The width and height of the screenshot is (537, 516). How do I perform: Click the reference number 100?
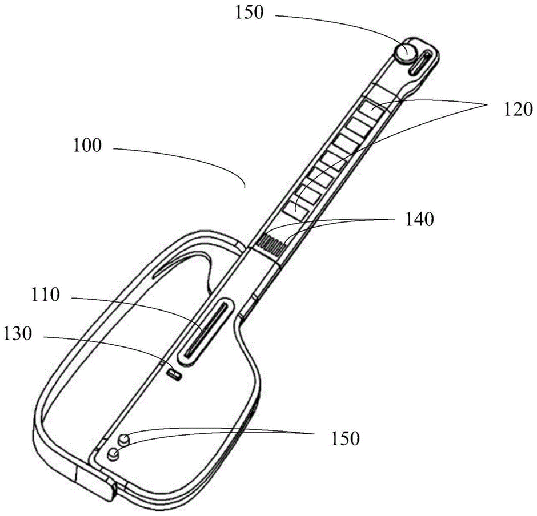click(x=86, y=145)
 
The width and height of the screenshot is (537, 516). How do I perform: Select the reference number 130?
click(x=21, y=334)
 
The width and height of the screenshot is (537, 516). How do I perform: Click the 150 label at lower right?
click(x=346, y=438)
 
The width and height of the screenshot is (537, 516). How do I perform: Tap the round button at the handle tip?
click(x=407, y=53)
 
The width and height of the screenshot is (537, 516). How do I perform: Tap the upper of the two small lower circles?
click(x=124, y=440)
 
